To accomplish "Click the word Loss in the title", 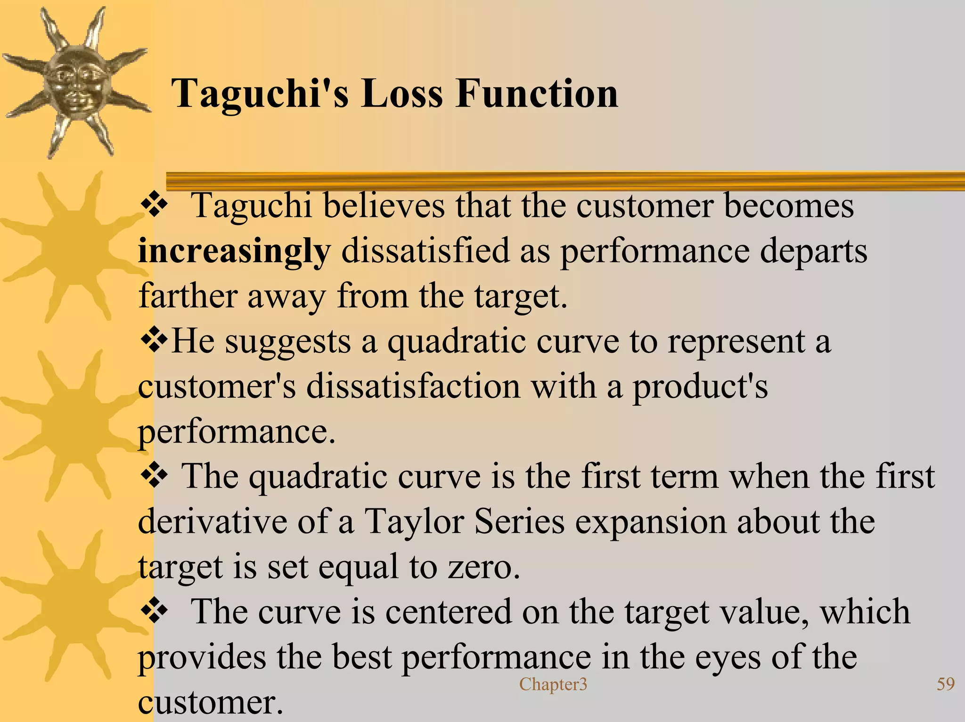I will tap(402, 94).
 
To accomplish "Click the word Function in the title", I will tap(537, 94).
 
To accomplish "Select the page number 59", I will tap(945, 684).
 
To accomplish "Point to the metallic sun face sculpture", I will tap(75, 82).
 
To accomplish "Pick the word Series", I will tap(519, 522).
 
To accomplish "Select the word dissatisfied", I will tap(425, 251).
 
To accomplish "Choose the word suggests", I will tap(287, 342).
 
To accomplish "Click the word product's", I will tap(700, 387).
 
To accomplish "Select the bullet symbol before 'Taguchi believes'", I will tap(154, 206).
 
